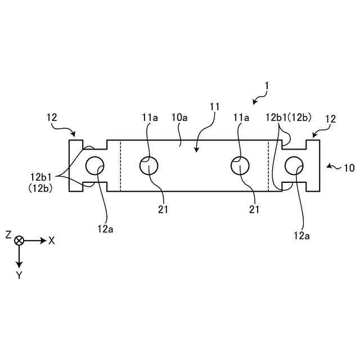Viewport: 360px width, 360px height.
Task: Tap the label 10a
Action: tap(180, 118)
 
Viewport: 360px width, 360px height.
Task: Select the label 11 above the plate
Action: tap(214, 106)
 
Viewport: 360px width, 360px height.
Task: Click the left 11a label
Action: tap(150, 118)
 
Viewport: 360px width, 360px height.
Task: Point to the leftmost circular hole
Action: tap(95, 165)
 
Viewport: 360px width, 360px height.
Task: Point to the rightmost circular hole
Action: tap(294, 165)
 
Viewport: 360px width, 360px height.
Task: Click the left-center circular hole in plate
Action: tap(149, 165)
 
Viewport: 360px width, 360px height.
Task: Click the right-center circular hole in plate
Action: tap(241, 165)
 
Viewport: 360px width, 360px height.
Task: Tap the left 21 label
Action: tap(163, 209)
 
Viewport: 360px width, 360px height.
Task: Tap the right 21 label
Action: tap(254, 209)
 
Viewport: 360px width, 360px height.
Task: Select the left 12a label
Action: tap(105, 228)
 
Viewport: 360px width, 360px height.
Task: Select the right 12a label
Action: tap(302, 236)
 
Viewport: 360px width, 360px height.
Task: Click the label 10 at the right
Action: tap(349, 168)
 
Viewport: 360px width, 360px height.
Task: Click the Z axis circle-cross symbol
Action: tap(20, 240)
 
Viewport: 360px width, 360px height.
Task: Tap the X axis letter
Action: tap(52, 240)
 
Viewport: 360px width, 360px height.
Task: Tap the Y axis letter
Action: tap(19, 275)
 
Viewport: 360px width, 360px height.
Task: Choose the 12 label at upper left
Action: tap(52, 118)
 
